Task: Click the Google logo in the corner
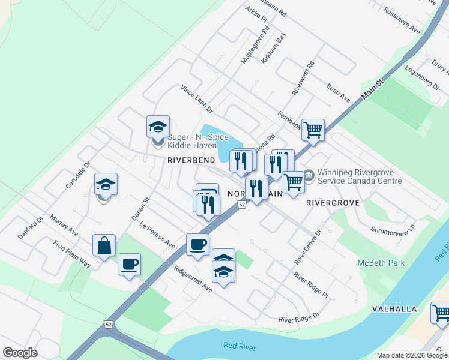pyautogui.click(x=20, y=353)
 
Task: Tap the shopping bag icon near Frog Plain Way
pyautogui.click(x=104, y=245)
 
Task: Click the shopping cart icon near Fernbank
pyautogui.click(x=313, y=130)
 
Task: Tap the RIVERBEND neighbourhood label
pyautogui.click(x=191, y=161)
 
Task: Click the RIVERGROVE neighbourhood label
pyautogui.click(x=333, y=203)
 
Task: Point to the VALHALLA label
pyautogui.click(x=394, y=309)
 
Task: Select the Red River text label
pyautogui.click(x=240, y=346)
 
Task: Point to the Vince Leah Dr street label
pyautogui.click(x=197, y=99)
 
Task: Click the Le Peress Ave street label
pyautogui.click(x=157, y=236)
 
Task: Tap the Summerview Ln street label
pyautogui.click(x=393, y=230)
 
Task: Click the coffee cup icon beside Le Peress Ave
pyautogui.click(x=197, y=244)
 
